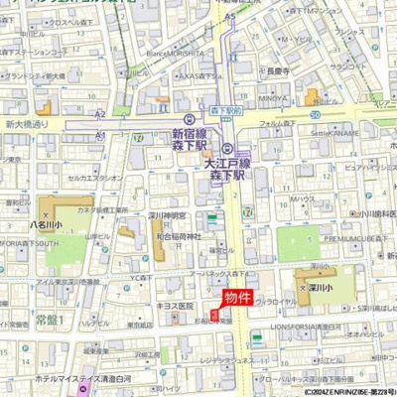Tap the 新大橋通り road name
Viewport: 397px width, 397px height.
[x=26, y=125]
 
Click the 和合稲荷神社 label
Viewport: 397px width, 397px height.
[x=180, y=236]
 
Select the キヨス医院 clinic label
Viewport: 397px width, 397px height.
[x=174, y=306]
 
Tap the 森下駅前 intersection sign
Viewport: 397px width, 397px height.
[x=229, y=111]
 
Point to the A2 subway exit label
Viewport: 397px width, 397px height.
[x=99, y=115]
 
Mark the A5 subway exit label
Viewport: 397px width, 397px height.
[x=230, y=18]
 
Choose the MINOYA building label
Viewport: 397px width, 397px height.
[x=273, y=99]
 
